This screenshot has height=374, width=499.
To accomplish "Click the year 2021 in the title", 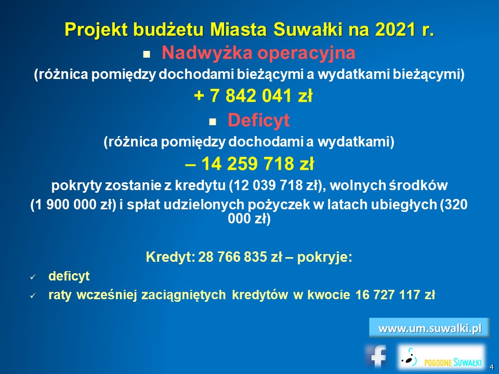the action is [x=395, y=30].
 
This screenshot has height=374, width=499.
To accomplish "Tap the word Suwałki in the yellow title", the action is [x=307, y=30].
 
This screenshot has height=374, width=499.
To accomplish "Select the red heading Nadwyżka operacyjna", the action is [x=258, y=52].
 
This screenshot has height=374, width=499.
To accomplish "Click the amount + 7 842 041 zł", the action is [x=253, y=96].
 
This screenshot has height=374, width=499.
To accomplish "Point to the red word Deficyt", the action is [x=258, y=120].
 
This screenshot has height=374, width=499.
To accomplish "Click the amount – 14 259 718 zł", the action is [x=249, y=164].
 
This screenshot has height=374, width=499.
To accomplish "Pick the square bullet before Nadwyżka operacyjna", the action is [x=147, y=55].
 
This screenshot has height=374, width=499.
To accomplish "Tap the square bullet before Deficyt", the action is [x=212, y=122].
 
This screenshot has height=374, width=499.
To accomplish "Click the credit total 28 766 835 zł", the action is [x=240, y=257].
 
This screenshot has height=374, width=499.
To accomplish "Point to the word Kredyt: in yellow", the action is [x=170, y=257].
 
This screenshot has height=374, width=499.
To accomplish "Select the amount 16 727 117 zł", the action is [x=395, y=295].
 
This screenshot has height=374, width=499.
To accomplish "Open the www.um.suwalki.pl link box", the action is [x=429, y=328].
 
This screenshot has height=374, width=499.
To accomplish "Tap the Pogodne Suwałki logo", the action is [x=442, y=357].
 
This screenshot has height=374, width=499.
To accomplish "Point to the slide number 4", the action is [x=492, y=367].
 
